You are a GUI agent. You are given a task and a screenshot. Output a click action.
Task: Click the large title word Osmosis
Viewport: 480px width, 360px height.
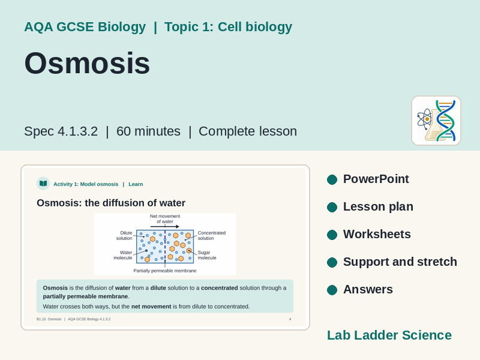87,63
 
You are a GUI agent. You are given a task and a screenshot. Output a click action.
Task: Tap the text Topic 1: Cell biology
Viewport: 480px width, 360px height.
229,27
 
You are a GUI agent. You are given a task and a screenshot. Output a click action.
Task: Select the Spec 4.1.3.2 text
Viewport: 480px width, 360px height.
61,131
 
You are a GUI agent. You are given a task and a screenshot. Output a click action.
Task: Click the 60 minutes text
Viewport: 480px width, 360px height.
148,131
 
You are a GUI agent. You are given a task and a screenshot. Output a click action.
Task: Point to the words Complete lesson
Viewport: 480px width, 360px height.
248,131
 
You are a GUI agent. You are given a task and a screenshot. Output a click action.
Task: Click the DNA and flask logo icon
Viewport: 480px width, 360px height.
436,121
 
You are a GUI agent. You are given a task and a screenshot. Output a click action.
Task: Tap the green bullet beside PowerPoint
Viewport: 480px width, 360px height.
332,179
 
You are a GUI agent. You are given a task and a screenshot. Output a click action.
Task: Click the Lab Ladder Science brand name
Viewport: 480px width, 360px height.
389,335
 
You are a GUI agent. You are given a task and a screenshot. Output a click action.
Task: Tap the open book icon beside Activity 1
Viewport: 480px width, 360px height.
43,184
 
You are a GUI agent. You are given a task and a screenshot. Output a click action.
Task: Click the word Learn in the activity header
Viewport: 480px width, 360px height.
136,184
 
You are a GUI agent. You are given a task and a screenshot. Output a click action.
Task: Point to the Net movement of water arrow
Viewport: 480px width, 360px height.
164,227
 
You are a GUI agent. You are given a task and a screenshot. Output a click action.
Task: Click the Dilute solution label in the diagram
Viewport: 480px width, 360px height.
124,235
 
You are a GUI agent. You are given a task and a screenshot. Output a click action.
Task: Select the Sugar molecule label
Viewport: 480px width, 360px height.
207,255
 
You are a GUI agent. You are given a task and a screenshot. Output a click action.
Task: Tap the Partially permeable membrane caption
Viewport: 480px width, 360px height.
165,271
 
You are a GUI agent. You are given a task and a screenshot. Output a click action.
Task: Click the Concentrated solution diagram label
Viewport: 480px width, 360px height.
212,235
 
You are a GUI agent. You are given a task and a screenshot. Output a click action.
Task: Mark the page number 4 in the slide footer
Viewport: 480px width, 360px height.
290,319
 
